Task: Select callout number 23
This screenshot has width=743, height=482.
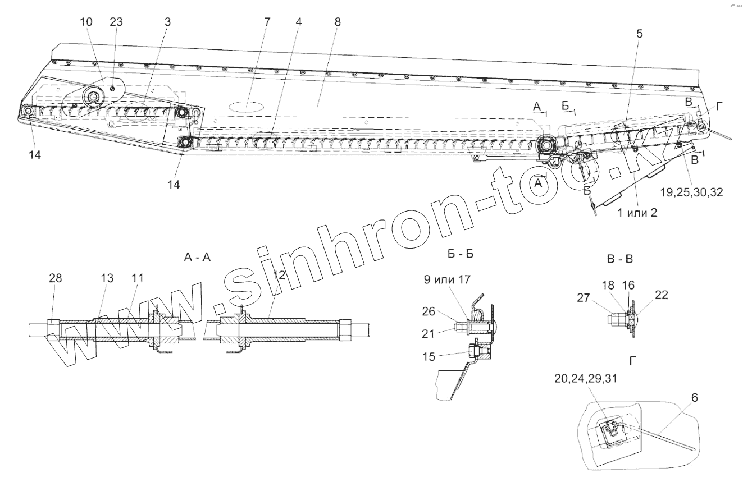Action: [x=117, y=22]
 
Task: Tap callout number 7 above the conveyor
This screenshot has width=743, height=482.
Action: [x=267, y=22]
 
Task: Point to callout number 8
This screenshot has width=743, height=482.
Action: [x=337, y=22]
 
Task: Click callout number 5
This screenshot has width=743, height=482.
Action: [x=640, y=33]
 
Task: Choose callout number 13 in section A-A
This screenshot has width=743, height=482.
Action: [x=107, y=278]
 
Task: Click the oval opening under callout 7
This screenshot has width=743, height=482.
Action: [x=245, y=105]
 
